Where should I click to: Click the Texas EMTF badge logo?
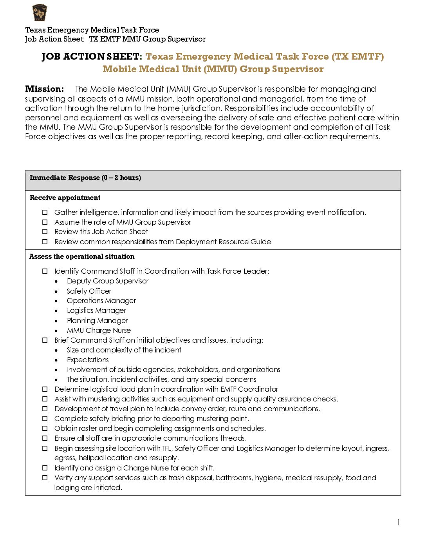click(40, 13)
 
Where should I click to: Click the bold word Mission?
click(44, 89)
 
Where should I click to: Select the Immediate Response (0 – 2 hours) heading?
click(85, 178)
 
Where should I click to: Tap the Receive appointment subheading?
click(65, 198)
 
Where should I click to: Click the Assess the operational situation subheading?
click(82, 256)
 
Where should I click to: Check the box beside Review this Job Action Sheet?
click(45, 232)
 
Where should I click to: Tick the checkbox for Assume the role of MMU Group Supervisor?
click(45, 222)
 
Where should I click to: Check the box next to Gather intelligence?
click(45, 212)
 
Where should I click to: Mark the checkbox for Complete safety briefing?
click(45, 419)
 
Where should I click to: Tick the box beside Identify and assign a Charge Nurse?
click(45, 468)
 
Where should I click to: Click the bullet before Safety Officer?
click(57, 291)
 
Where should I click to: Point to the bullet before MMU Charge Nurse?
click(57, 330)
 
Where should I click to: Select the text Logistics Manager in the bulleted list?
click(96, 310)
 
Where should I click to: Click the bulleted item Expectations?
click(88, 360)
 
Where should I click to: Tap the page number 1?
click(398, 522)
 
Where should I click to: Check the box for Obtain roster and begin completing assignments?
click(45, 429)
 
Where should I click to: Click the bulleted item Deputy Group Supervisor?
click(108, 281)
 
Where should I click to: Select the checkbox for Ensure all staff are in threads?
click(45, 438)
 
